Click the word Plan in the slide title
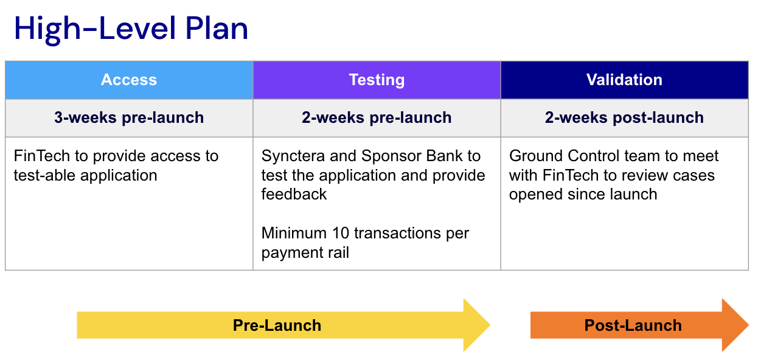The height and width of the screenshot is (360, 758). (217, 29)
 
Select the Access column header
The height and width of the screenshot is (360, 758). (129, 80)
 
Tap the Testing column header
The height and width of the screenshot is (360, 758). (377, 80)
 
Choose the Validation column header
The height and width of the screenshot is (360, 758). (624, 80)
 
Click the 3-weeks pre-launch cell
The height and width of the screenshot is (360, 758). (129, 118)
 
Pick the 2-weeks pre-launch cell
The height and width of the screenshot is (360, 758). (377, 118)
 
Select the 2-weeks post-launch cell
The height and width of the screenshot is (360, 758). (624, 118)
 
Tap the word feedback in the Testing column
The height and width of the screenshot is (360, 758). (294, 194)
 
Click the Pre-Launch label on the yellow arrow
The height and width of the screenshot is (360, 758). (277, 325)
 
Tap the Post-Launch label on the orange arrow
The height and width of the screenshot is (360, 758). (633, 325)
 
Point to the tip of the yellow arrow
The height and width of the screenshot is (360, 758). (490, 325)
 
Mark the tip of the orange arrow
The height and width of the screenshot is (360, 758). (748, 325)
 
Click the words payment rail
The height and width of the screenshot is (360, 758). (305, 253)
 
